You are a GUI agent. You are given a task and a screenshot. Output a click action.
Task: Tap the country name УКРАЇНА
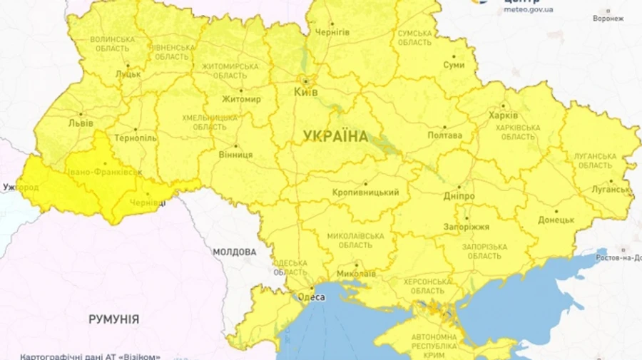click(335, 136)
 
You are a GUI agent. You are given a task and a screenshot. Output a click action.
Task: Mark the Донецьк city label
click(556, 220)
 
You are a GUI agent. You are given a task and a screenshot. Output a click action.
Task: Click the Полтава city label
click(444, 135)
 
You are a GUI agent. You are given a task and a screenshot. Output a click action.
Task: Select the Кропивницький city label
click(366, 192)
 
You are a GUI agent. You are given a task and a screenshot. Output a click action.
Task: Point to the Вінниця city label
click(235, 154)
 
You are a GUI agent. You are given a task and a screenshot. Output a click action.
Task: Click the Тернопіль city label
click(135, 138)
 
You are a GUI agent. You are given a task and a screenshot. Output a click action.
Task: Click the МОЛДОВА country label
click(234, 252)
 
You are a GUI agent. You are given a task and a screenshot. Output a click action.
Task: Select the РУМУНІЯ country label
click(113, 319)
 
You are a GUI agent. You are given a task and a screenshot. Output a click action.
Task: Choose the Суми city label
click(454, 65)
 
